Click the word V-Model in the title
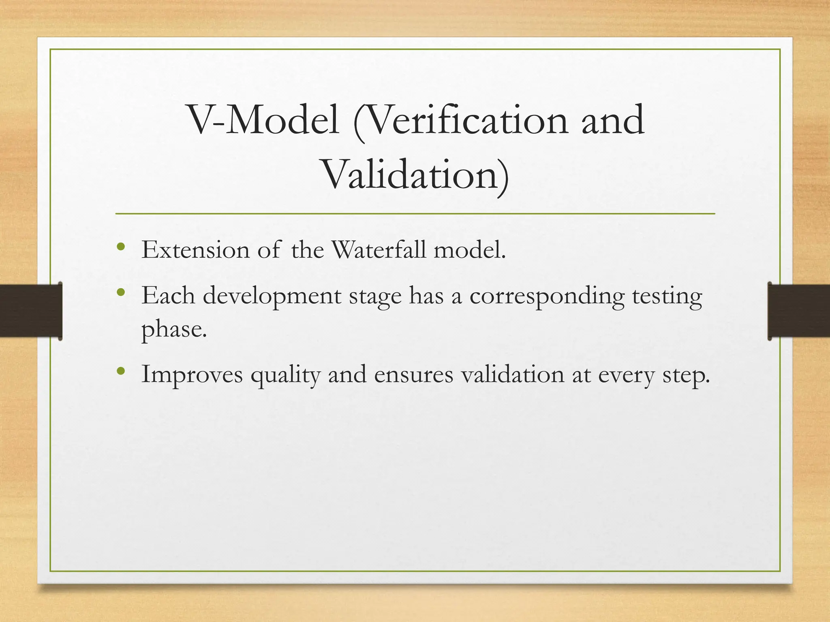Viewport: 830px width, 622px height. (263, 120)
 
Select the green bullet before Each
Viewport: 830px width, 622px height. (120, 292)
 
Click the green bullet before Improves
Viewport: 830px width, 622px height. (120, 371)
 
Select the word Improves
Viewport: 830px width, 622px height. (192, 375)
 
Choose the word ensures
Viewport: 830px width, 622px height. (413, 375)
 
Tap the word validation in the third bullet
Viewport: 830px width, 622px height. (512, 375)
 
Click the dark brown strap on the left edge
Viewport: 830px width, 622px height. (30, 311)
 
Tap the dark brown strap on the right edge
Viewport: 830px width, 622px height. (798, 311)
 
